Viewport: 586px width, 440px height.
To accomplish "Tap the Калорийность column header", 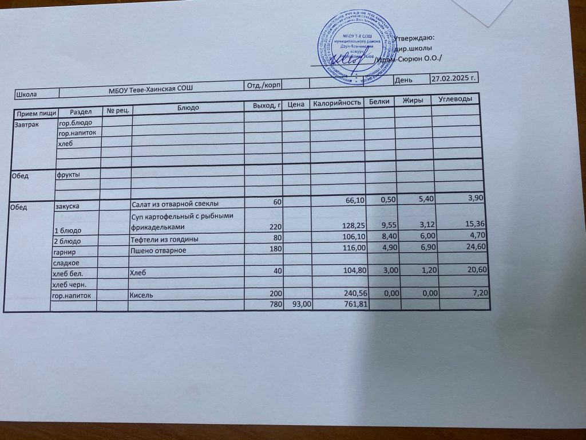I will tap(336, 103).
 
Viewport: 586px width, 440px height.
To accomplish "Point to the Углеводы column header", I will tap(455, 100).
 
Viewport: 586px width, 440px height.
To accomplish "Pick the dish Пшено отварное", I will tap(159, 250).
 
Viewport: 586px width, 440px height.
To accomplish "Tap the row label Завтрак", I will tap(27, 124).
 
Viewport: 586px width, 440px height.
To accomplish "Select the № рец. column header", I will tap(117, 110).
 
